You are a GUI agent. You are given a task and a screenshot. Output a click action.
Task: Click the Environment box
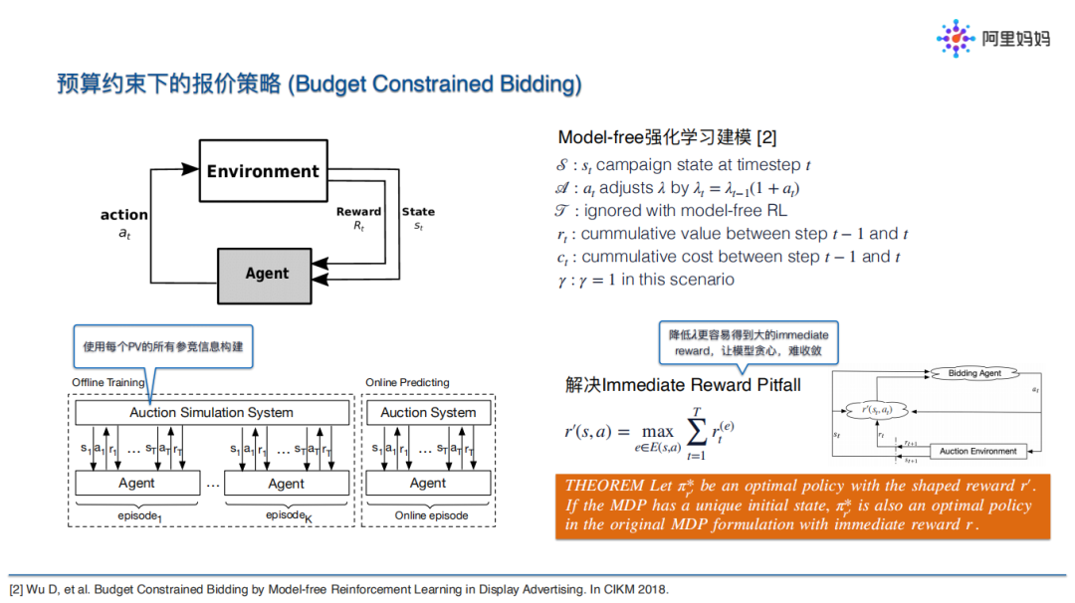[263, 171]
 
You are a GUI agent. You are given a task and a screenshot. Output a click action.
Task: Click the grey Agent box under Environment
[267, 274]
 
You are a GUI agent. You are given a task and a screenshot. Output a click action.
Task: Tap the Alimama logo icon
[956, 38]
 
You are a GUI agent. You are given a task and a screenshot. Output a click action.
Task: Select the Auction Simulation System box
[212, 412]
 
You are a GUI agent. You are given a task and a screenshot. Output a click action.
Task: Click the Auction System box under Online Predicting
[428, 412]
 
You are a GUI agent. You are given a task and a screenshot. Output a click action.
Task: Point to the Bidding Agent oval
[974, 373]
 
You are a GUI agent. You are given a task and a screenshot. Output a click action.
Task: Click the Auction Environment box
[978, 451]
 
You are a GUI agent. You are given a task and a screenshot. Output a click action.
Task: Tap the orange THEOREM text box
[802, 506]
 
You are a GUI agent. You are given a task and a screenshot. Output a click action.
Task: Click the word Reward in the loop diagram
[358, 211]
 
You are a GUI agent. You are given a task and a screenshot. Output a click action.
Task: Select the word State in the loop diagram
[418, 211]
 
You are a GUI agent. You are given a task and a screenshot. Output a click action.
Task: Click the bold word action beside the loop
[124, 215]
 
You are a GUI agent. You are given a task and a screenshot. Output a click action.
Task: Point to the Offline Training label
[107, 383]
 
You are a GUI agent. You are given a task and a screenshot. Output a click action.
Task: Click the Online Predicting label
[407, 383]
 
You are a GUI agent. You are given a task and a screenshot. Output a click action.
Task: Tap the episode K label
[288, 515]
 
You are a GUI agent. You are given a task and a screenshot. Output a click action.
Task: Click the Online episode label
[431, 515]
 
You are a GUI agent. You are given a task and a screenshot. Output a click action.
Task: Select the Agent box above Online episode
[428, 484]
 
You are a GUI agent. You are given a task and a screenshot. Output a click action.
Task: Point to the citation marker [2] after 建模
[766, 138]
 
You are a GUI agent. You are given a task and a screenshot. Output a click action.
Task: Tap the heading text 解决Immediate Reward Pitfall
[683, 385]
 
